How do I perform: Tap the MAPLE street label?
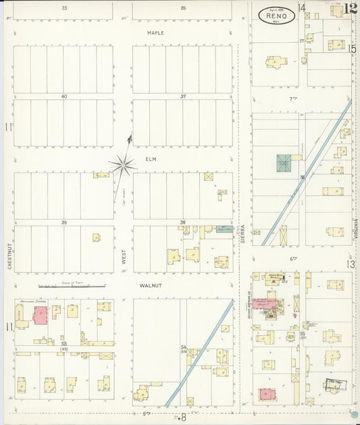(156, 32)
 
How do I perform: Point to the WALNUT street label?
(149, 286)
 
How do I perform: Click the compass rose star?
(123, 164)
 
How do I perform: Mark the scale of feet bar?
(71, 286)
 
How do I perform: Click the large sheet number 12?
(350, 9)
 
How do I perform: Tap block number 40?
(64, 97)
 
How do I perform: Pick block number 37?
(182, 97)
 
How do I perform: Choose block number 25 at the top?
(64, 7)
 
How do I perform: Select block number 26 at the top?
(182, 7)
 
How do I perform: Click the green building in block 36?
(284, 164)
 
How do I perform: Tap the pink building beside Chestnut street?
(39, 315)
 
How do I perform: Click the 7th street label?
(294, 99)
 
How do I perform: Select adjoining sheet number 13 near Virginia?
(351, 264)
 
